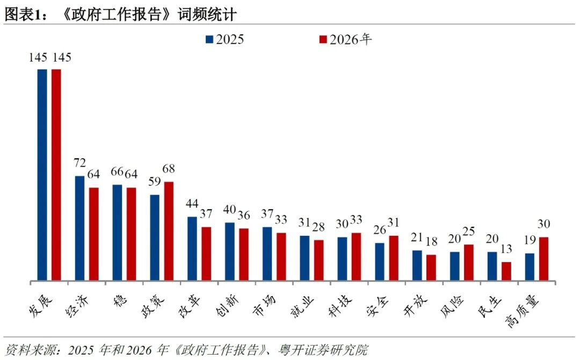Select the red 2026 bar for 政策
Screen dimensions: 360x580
click(169, 231)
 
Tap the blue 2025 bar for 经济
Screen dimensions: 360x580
click(79, 228)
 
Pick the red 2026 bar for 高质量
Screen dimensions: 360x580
click(543, 258)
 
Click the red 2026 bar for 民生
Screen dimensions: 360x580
click(506, 271)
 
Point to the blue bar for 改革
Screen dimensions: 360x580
click(192, 248)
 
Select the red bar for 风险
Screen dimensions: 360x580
click(469, 262)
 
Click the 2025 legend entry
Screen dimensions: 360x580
click(224, 39)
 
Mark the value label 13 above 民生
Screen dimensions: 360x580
click(506, 249)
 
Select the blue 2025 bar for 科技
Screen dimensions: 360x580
click(342, 258)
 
